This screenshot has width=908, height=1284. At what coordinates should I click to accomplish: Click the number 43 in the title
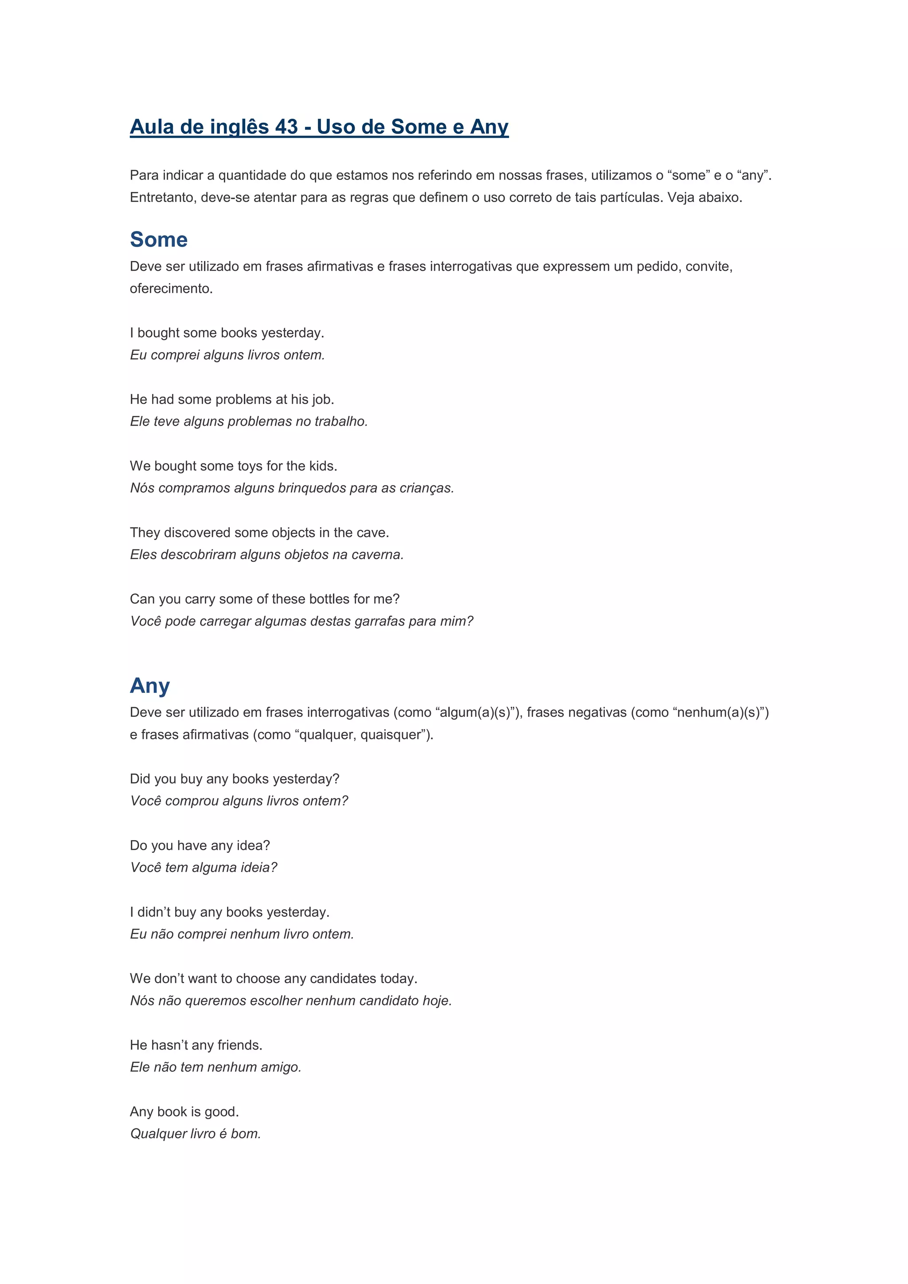[x=286, y=127]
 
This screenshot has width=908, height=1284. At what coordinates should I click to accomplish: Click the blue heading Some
[x=159, y=239]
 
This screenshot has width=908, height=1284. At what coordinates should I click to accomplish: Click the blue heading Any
[x=150, y=685]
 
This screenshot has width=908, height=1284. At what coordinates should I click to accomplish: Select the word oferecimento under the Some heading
[x=171, y=288]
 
